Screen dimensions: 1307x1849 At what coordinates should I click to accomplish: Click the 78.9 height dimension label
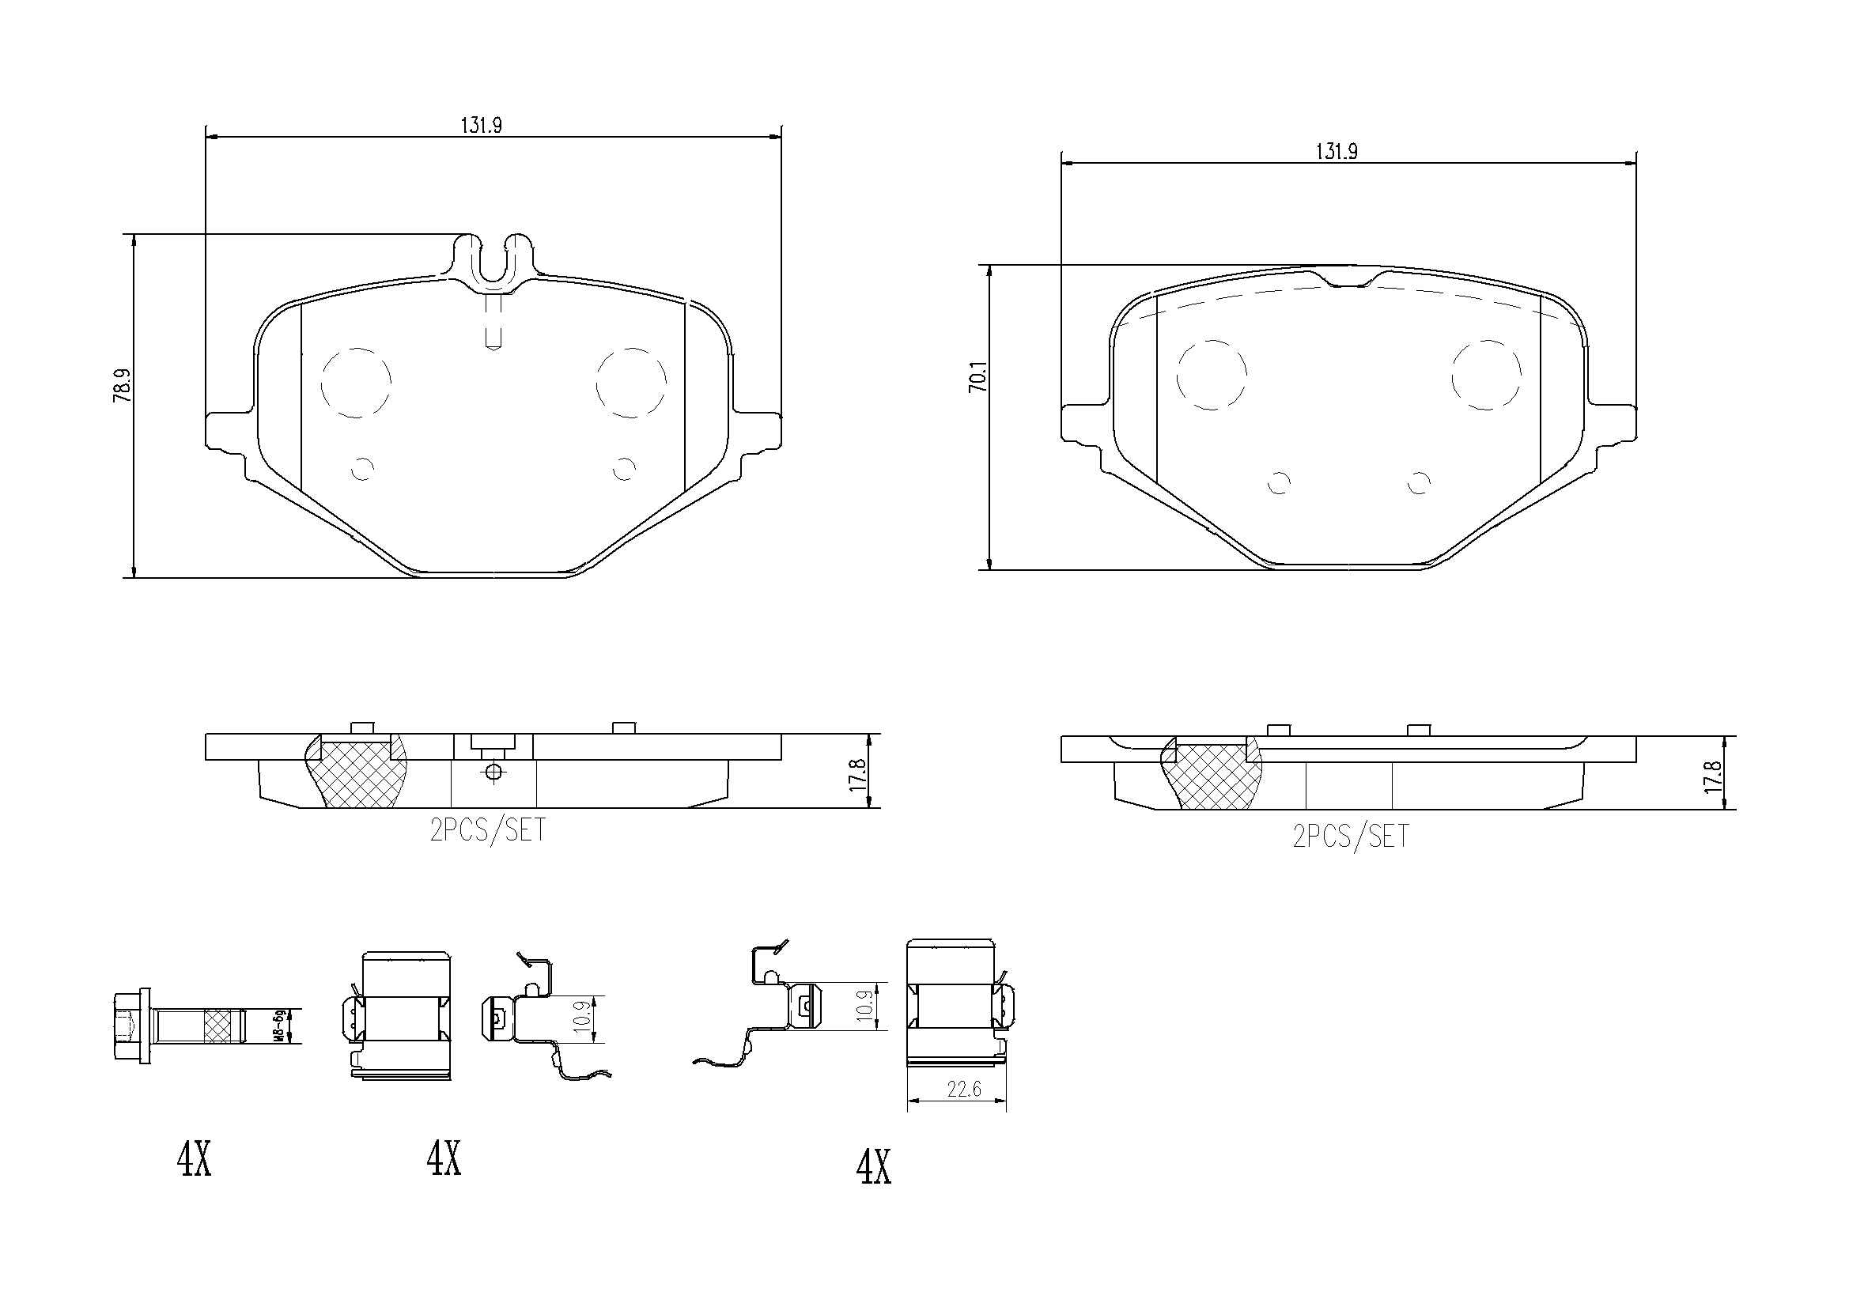click(x=123, y=386)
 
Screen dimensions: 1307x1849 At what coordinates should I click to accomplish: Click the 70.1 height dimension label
click(x=977, y=377)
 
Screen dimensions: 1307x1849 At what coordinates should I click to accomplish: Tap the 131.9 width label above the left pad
click(x=482, y=126)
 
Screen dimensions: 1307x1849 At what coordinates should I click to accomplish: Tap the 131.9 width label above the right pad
click(x=1337, y=151)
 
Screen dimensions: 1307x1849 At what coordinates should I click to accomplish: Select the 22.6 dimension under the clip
click(x=964, y=1089)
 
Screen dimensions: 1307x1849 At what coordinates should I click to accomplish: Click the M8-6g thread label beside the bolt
click(x=279, y=1026)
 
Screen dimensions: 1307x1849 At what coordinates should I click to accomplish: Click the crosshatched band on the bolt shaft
click(x=223, y=1026)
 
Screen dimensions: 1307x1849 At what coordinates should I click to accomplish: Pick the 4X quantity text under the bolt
click(x=194, y=1160)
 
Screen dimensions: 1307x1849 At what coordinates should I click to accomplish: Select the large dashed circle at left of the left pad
click(x=356, y=383)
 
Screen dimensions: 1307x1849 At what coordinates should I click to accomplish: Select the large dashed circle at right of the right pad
click(x=1487, y=375)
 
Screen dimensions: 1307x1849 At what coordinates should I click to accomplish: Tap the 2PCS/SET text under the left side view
click(x=487, y=830)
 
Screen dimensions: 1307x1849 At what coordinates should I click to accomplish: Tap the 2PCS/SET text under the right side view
click(x=1351, y=836)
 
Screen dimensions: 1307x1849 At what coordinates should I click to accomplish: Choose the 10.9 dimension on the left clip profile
click(x=585, y=1018)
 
